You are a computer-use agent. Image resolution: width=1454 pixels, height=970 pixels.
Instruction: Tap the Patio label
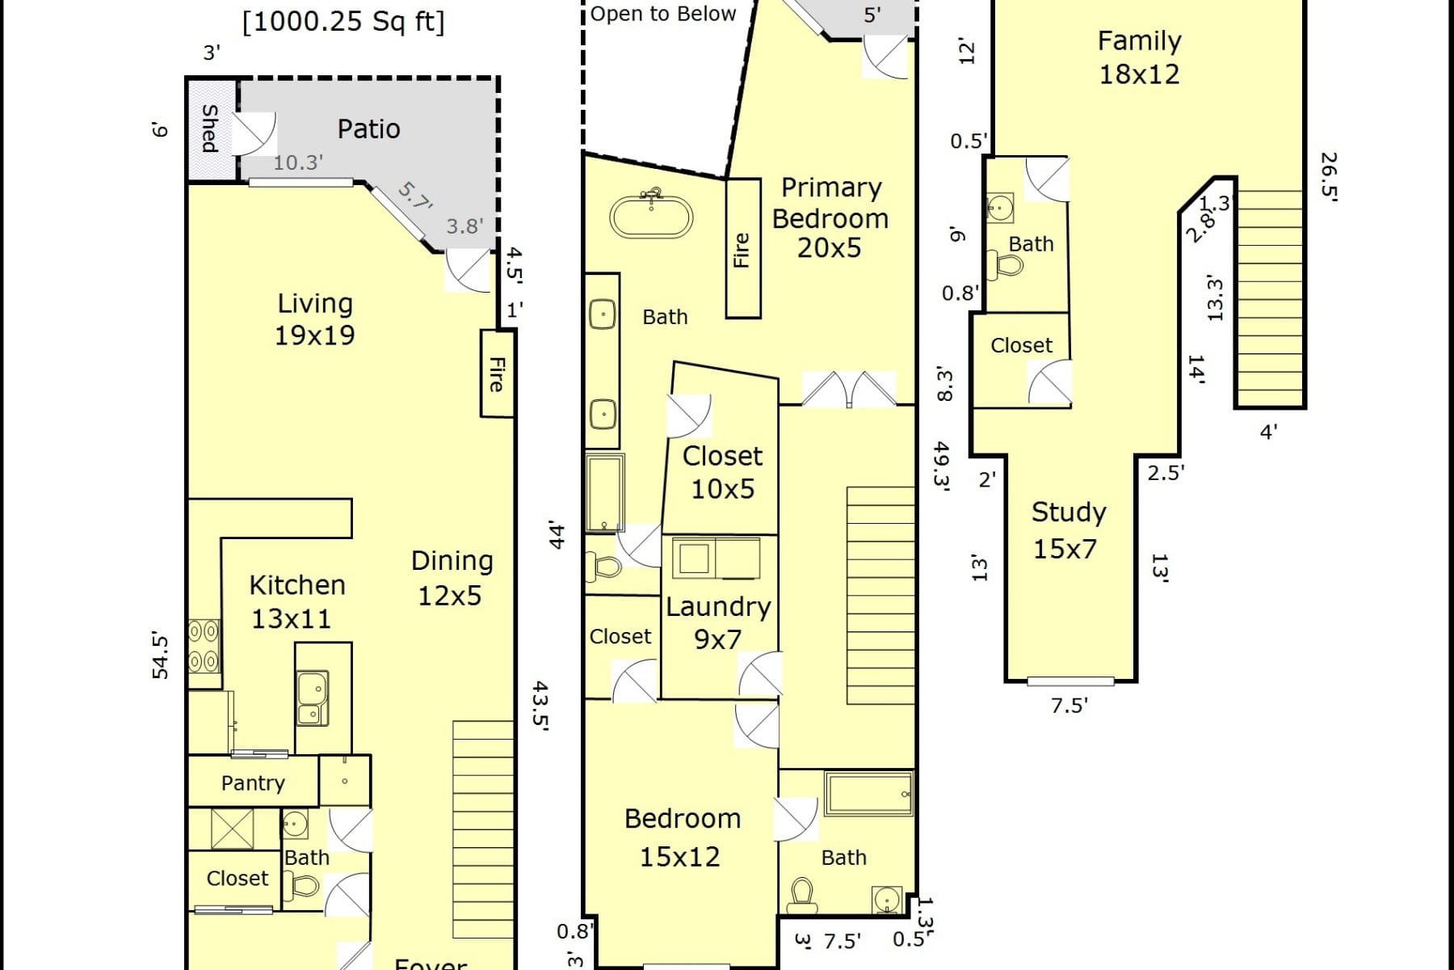point(368,129)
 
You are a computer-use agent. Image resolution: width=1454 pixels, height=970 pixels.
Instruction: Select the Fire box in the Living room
point(498,373)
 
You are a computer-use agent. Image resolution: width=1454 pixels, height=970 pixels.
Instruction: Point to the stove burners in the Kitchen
point(204,646)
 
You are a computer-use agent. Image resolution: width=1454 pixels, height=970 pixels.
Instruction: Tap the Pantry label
point(253,782)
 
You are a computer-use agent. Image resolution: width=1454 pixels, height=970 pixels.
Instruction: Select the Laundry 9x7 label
point(718,622)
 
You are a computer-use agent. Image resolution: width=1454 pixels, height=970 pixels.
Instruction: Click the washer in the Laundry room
point(693,558)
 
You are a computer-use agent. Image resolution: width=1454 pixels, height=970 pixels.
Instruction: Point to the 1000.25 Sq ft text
point(343,21)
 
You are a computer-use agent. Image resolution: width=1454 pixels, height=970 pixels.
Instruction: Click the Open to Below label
point(662,14)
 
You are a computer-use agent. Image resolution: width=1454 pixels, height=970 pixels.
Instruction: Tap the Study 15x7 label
point(1068,530)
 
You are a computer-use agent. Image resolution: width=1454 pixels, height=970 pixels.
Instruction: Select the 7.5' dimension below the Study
point(1069,706)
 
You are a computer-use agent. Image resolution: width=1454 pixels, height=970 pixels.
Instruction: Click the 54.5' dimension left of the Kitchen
point(161,656)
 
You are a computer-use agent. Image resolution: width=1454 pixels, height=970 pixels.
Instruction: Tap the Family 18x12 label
point(1139,57)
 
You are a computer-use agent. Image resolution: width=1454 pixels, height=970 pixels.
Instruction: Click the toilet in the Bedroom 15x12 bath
point(801,894)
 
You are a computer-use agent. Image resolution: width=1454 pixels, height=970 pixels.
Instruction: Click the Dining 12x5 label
point(451,578)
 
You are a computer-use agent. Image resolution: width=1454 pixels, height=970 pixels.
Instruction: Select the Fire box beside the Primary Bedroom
point(742,249)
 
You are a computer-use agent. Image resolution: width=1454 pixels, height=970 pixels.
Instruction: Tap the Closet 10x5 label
point(722,472)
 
